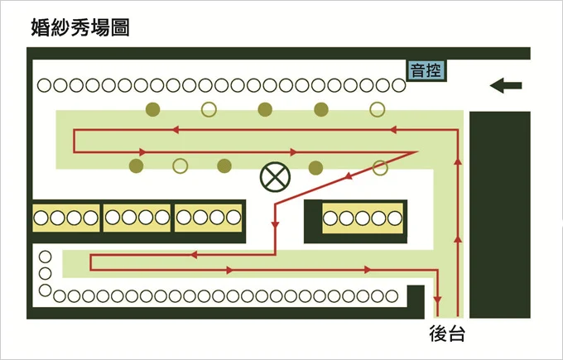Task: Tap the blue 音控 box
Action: coord(427,70)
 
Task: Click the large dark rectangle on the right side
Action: coord(499,214)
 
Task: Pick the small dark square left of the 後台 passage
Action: coord(416,295)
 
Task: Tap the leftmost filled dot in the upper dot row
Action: coord(152,108)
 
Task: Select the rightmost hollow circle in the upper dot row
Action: coord(378,108)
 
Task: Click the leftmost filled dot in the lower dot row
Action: coord(137,166)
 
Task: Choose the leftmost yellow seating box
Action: coord(65,218)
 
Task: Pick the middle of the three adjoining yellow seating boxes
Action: coord(137,218)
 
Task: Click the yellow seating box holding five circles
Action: coord(363,218)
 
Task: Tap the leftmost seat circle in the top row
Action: coord(42,85)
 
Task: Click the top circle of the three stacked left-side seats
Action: coord(46,257)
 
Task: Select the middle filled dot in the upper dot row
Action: coord(265,108)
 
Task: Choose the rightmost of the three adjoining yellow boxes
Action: coord(209,218)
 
